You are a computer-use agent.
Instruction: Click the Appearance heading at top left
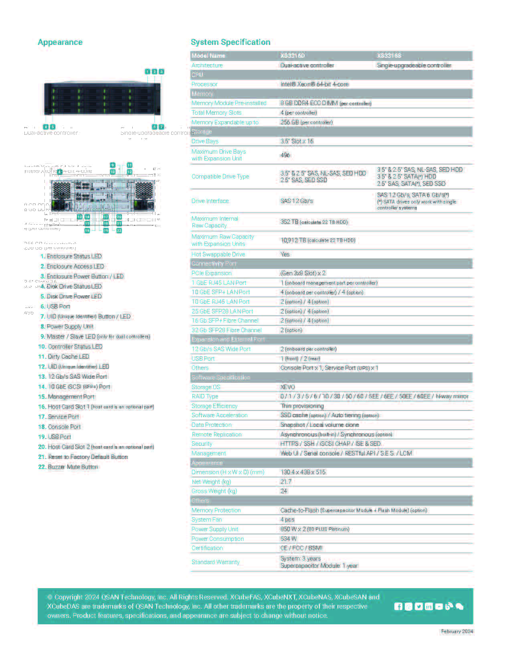pos(60,42)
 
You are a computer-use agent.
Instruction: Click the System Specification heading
pos(230,42)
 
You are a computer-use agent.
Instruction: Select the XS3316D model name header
pos(293,56)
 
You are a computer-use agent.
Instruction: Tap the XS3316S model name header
pos(389,56)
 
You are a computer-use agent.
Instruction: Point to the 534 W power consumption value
pos(289,539)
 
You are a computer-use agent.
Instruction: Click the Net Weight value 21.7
pos(286,481)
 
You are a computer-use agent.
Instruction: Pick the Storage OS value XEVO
pos(288,387)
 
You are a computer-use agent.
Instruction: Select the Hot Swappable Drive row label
pos(218,254)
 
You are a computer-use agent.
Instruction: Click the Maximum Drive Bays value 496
pos(285,155)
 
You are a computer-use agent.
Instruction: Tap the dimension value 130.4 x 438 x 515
pos(303,472)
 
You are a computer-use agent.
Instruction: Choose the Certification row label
pos(207,548)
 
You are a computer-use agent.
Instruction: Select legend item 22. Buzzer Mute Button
pos(68,467)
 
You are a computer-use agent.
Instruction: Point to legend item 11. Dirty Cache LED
pos(64,357)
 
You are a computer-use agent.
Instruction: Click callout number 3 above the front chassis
pos(161,71)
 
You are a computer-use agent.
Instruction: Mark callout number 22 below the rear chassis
pos(119,231)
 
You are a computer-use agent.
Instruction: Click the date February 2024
pos(457,632)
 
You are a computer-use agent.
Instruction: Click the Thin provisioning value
pos(302,406)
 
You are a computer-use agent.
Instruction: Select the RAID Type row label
pos(205,396)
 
